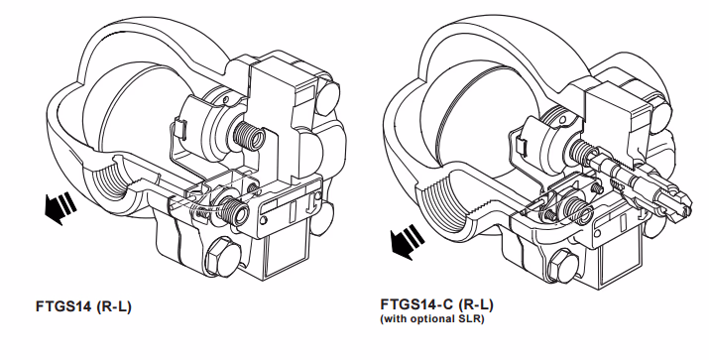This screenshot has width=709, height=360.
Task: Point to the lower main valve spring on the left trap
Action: [x=234, y=209]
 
